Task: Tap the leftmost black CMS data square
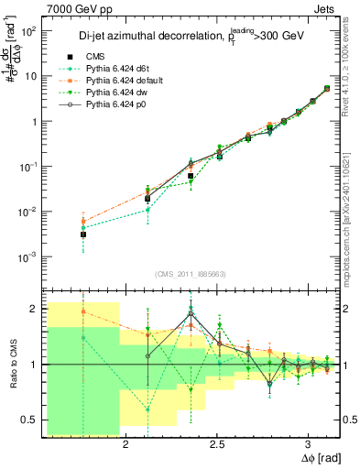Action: [83, 234]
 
